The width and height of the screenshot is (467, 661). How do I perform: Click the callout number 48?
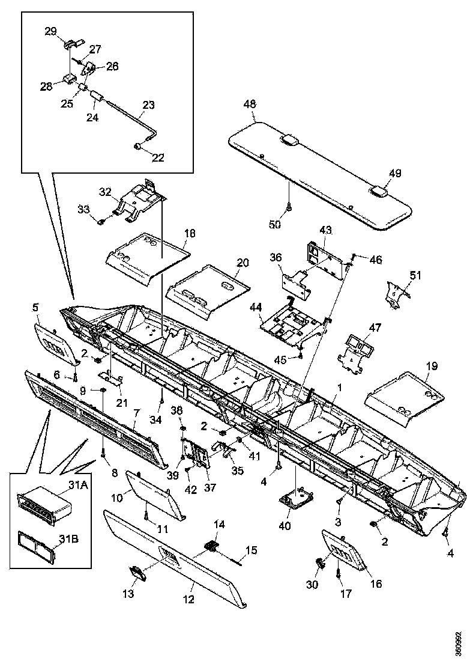pos(250,104)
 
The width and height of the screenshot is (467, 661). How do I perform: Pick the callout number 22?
pos(157,157)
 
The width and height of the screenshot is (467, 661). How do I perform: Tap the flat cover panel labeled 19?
pos(405,397)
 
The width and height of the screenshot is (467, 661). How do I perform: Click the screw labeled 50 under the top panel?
pos(288,207)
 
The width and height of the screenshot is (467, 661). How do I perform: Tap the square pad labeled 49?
pos(378,192)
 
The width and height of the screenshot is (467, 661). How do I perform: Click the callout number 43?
pos(326,231)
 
